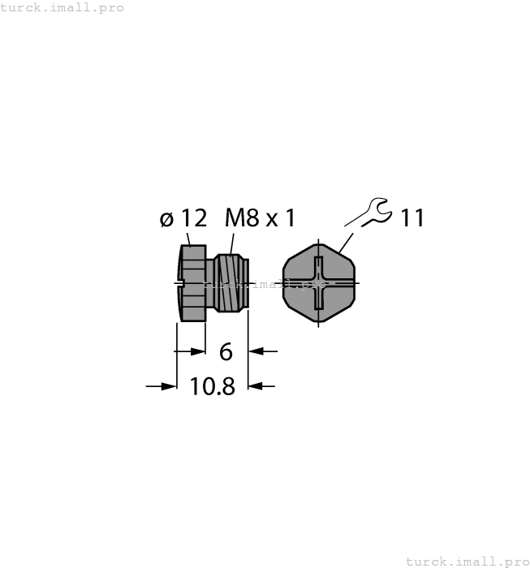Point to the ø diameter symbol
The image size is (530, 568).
tap(166, 220)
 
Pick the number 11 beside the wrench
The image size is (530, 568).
tap(412, 218)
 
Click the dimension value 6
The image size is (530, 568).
tap(226, 352)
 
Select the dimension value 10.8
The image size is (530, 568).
tap(212, 387)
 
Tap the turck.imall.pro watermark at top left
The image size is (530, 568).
tap(62, 7)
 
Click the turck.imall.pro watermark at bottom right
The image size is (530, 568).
tap(467, 561)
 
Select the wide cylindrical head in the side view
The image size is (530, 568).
tap(191, 283)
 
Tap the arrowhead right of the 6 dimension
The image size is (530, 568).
tap(256, 351)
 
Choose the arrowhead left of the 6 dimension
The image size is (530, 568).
tap(197, 351)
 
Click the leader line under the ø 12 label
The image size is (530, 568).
tap(190, 239)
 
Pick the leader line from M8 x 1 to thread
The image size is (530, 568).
tap(232, 243)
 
